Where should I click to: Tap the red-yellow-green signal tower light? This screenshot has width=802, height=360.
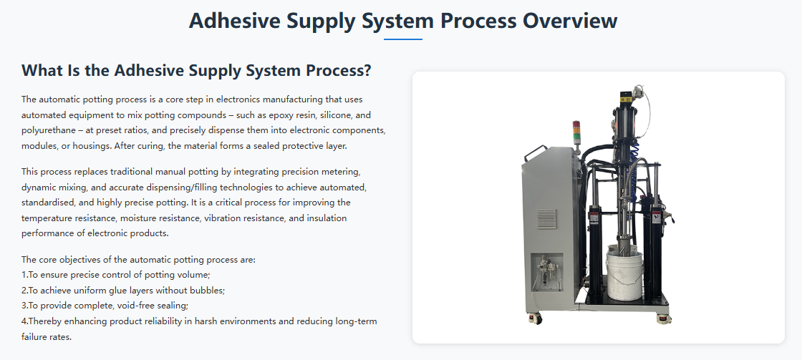click(576, 132)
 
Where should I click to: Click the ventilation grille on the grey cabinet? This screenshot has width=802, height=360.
click(546, 219)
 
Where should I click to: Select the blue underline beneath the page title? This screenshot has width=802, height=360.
click(403, 39)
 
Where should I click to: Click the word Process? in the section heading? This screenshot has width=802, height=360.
click(339, 71)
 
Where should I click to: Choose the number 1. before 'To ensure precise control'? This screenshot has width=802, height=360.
click(24, 275)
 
